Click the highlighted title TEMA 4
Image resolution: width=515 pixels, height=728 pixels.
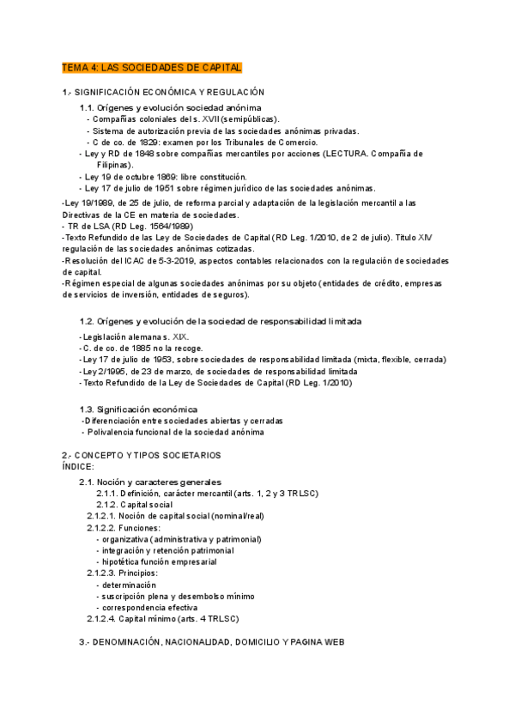pyautogui.click(x=152, y=67)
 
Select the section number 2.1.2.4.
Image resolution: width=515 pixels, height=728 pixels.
pyautogui.click(x=104, y=618)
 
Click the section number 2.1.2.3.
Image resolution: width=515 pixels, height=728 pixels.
pyautogui.click(x=104, y=572)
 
